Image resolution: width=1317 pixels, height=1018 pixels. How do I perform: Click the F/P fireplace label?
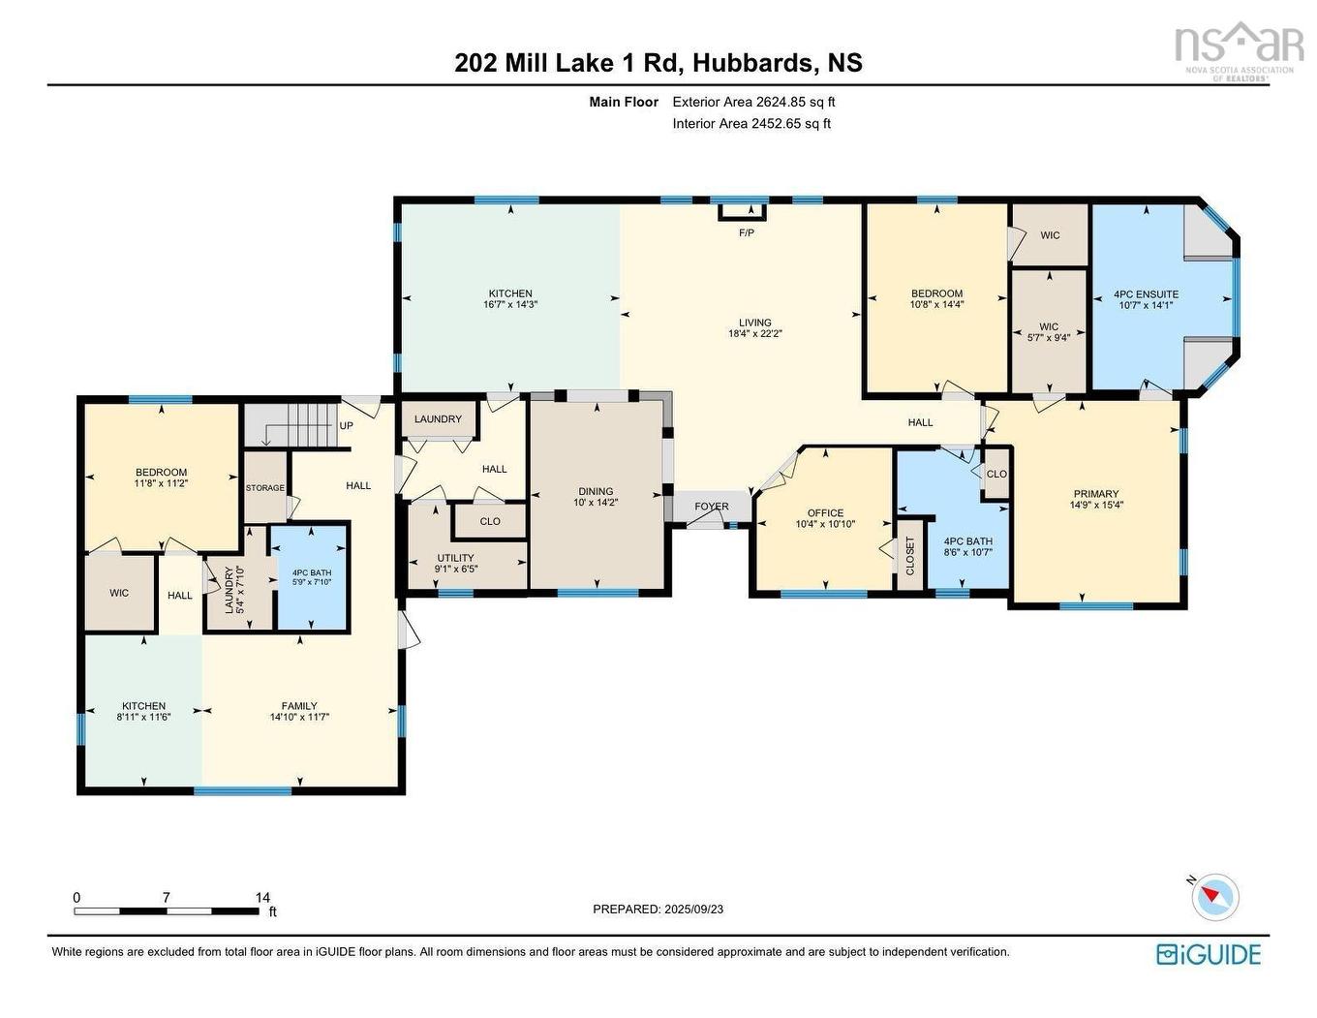point(746,232)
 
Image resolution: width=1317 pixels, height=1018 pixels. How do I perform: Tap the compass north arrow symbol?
point(1214,896)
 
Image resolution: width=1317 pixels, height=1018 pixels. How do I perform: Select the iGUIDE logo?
point(1209,954)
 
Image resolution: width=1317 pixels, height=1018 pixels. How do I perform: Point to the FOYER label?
point(711,507)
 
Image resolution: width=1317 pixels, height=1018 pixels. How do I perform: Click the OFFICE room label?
point(825,513)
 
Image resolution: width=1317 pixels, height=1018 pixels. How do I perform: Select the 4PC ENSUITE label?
point(1146,294)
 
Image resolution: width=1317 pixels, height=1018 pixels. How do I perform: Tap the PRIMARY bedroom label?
point(1095,494)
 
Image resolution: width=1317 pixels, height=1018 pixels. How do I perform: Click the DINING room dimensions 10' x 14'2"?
point(597,503)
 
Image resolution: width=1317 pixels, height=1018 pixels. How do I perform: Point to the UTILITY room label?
point(455,558)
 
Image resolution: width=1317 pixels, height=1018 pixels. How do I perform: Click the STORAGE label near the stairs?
point(264,488)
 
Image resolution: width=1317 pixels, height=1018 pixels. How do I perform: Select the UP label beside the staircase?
point(346,426)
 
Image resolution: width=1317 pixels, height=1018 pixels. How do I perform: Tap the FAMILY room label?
point(299,706)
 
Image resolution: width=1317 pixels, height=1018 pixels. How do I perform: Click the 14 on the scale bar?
point(262,898)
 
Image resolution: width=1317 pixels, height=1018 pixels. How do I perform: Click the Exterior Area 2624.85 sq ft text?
point(753,102)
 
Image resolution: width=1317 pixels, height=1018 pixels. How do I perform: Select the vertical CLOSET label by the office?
point(910,556)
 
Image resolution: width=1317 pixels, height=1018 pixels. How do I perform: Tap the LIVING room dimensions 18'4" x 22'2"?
point(755,333)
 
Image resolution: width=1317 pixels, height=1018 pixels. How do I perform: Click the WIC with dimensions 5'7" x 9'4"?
point(1049,332)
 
